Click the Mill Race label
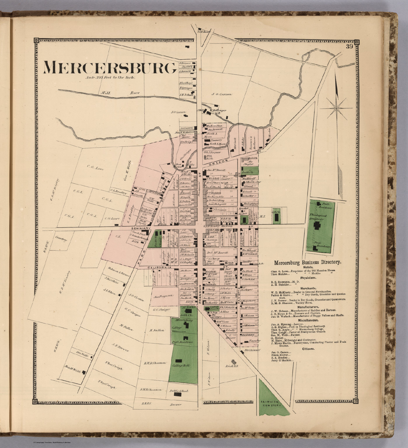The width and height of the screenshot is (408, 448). pyautogui.click(x=120, y=93)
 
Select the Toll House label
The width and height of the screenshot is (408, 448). pyautogui.click(x=204, y=32)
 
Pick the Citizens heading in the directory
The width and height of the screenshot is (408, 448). pyautogui.click(x=305, y=349)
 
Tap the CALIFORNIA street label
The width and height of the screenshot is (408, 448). pyautogui.click(x=159, y=267)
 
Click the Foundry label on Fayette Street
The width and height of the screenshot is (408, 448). pyautogui.click(x=247, y=340)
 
